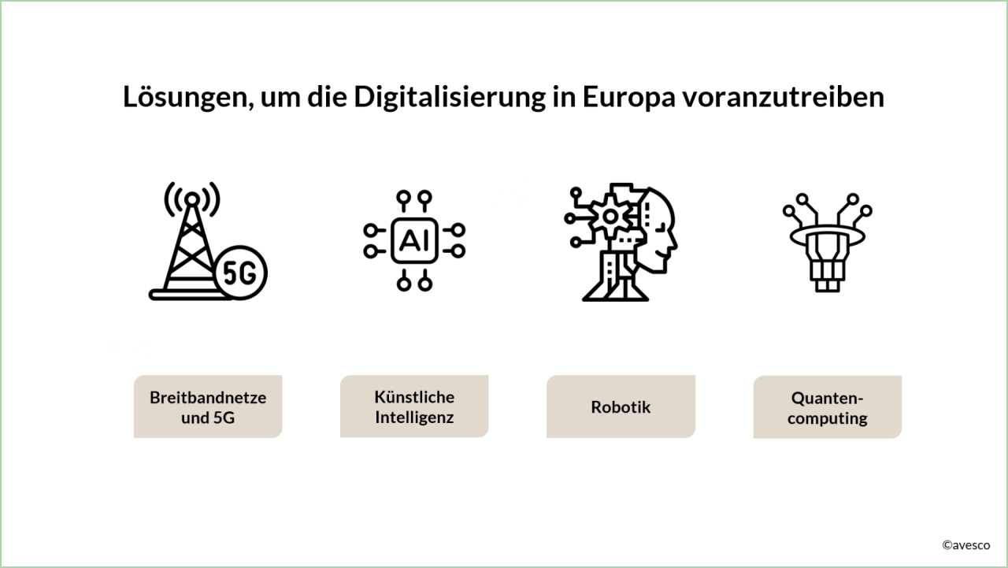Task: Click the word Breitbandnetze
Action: click(x=208, y=397)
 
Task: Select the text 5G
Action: click(x=224, y=418)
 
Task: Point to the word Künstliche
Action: click(x=414, y=396)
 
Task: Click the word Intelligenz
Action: click(x=414, y=417)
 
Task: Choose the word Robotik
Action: click(x=621, y=407)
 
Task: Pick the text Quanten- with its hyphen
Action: click(x=827, y=397)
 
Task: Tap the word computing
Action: click(x=827, y=418)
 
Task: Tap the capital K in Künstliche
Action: click(x=380, y=396)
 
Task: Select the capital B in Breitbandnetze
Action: click(x=155, y=397)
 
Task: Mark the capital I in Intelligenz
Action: click(x=378, y=417)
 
